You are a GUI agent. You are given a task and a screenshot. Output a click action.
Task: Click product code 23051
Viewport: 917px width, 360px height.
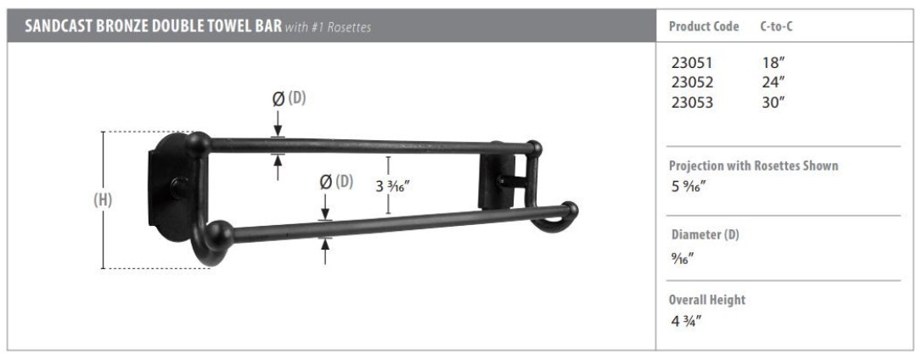[693, 63]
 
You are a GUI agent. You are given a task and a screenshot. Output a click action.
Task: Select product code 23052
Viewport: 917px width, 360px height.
[693, 82]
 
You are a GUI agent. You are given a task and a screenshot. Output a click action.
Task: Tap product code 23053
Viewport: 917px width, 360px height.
[693, 102]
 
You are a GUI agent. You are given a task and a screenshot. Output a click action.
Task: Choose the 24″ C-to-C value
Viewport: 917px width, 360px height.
[773, 82]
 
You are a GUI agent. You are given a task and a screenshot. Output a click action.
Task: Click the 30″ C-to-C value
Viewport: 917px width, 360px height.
[773, 102]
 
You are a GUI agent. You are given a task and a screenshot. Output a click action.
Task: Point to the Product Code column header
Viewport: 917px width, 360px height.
[704, 26]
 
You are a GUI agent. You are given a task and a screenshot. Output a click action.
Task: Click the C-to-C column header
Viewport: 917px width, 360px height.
[777, 26]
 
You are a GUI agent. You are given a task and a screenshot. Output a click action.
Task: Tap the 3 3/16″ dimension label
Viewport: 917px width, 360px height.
[392, 187]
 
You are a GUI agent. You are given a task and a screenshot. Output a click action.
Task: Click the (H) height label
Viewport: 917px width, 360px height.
[103, 200]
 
